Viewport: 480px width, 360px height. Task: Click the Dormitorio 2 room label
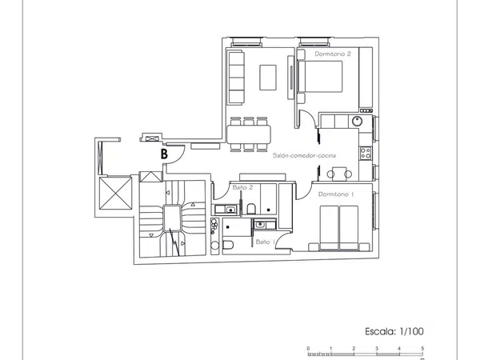(333, 54)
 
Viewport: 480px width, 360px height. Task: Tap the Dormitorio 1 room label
(336, 194)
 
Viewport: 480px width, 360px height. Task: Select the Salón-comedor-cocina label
(304, 155)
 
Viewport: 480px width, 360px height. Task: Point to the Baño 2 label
(242, 187)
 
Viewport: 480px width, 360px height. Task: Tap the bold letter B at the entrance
(164, 154)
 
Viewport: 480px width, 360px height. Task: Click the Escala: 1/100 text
(394, 331)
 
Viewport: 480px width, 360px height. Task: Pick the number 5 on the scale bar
(422, 348)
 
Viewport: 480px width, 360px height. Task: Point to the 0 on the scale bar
(308, 348)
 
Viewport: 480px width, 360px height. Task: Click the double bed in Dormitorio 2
(319, 77)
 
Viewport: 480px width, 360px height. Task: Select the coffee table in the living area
(268, 78)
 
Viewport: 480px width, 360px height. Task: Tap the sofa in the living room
(236, 78)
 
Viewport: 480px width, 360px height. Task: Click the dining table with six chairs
(249, 134)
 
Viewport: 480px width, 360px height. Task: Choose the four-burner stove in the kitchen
(366, 153)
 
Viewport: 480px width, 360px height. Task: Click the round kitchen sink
(357, 122)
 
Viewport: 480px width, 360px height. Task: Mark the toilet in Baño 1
(228, 245)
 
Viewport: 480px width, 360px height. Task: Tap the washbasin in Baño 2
(230, 210)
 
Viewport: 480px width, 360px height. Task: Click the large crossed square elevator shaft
(116, 194)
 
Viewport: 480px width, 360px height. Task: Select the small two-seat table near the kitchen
(339, 174)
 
